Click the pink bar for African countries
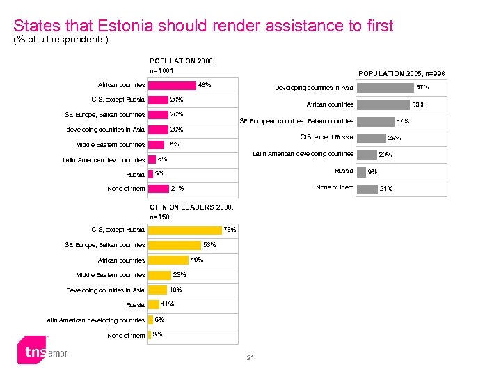point(173,85)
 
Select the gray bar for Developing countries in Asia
point(385,88)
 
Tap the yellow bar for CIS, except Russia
point(184,230)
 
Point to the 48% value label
point(205,85)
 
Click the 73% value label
point(230,230)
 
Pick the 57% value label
point(422,88)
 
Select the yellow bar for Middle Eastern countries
point(159,275)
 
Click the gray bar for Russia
point(360,171)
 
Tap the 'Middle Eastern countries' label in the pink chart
point(110,145)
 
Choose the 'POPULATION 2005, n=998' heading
point(401,74)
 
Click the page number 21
point(250,358)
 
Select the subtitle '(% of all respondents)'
point(61,40)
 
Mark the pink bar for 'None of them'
point(159,189)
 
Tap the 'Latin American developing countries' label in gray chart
point(303,154)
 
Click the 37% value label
point(402,121)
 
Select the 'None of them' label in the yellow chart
point(126,336)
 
